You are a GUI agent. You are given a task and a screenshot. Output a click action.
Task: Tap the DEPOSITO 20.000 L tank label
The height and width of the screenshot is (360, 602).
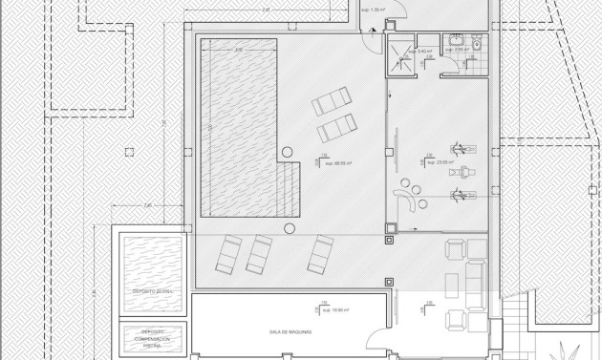pyautogui.click(x=148, y=290)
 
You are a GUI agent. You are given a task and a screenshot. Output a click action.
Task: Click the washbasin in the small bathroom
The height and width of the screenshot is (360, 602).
pyautogui.click(x=456, y=42)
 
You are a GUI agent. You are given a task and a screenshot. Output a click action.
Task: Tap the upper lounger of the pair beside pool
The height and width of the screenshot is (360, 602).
pyautogui.click(x=333, y=100)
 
